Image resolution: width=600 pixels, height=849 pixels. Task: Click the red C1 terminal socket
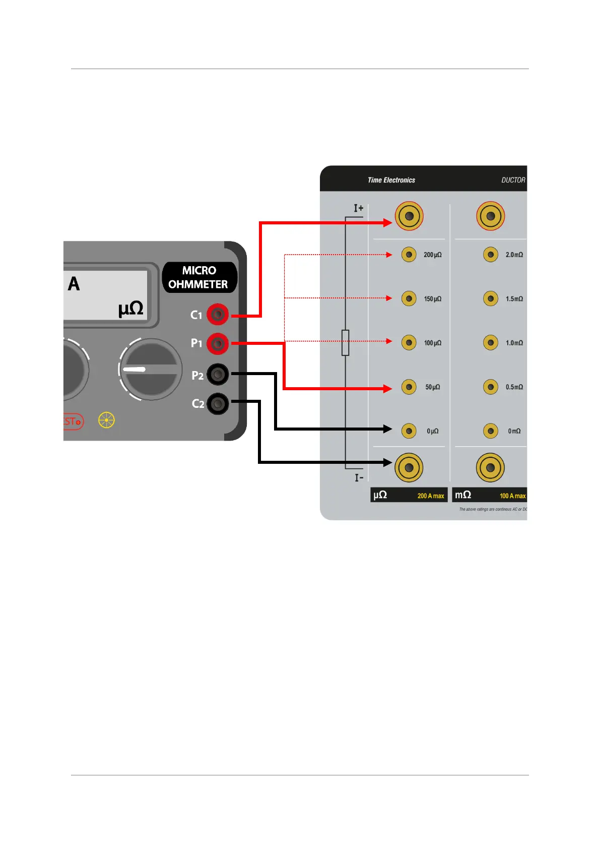218,315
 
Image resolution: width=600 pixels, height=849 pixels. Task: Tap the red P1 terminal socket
218,344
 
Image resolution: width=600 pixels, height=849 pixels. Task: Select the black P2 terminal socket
218,374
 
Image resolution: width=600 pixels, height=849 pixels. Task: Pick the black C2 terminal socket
218,403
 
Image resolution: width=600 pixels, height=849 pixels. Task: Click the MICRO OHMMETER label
198,277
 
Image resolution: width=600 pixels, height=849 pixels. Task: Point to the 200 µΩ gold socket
409,255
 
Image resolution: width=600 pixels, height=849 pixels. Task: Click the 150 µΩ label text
432,299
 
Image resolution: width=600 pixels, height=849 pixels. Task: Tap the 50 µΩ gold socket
409,387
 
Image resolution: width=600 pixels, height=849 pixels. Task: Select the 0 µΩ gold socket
409,431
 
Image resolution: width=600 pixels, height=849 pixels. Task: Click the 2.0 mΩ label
514,255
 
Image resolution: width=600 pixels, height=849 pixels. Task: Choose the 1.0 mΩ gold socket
490,343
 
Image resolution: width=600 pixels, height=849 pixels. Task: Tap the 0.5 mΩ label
514,387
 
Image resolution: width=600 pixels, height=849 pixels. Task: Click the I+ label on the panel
358,208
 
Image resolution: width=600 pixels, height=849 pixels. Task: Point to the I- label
359,477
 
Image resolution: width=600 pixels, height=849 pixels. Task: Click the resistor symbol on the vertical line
346,343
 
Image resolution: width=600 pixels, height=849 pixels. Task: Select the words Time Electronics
391,180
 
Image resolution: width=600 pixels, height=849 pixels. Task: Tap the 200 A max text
431,496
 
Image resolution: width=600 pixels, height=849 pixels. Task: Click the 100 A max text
512,496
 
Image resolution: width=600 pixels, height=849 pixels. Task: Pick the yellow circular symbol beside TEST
107,420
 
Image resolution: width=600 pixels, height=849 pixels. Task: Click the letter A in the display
74,284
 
